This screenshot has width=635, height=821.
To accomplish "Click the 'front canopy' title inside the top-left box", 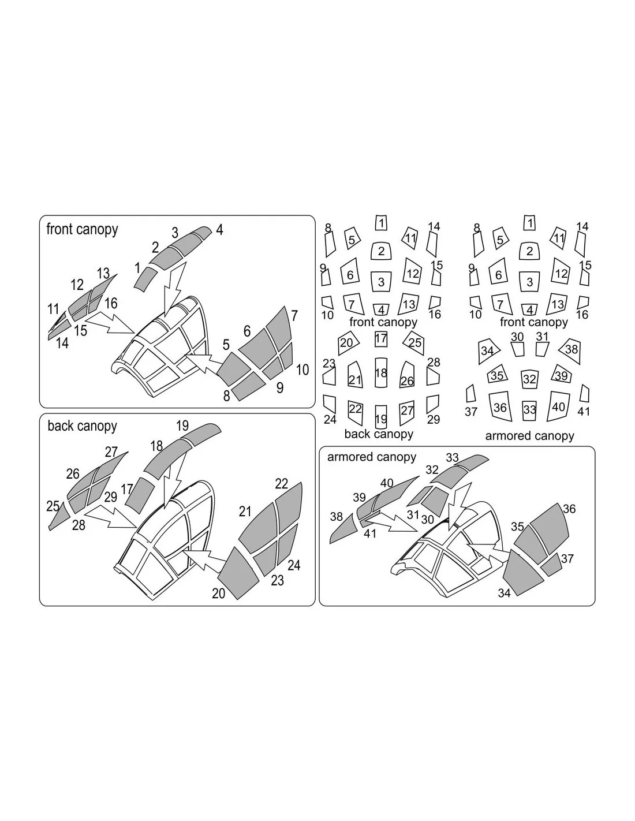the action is [x=82, y=229].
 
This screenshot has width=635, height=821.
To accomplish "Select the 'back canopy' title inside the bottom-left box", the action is [x=82, y=426].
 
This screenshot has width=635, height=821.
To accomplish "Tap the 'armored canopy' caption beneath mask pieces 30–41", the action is [x=529, y=436].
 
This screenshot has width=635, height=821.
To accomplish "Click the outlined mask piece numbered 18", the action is [x=381, y=372].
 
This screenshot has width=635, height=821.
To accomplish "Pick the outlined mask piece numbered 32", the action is [x=529, y=379].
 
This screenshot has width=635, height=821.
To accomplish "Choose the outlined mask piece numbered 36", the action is [x=500, y=407].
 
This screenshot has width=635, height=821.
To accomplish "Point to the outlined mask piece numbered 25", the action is [x=414, y=343].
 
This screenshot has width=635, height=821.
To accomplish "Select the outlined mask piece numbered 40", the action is [x=558, y=406].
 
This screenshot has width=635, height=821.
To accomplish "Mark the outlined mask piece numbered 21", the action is [x=354, y=375].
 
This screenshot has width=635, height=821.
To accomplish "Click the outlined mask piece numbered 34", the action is [x=487, y=351].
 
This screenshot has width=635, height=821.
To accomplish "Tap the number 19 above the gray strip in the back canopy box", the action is [x=182, y=426].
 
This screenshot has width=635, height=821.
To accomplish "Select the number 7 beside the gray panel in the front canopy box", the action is [x=294, y=315].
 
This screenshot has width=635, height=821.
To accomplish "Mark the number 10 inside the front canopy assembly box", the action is [x=302, y=370].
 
